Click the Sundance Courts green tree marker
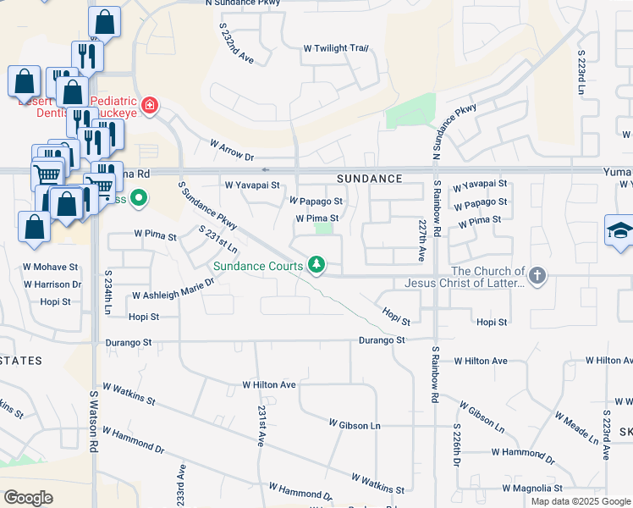[317, 265]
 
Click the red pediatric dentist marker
[150, 105]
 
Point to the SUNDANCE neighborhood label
[369, 179]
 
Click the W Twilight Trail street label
[336, 48]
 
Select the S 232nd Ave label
[236, 44]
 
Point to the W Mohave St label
[50, 267]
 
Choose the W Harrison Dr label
[52, 284]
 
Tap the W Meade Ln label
[575, 428]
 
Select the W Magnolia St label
[532, 489]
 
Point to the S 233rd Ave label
[181, 485]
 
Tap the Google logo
[28, 498]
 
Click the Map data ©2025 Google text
[580, 501]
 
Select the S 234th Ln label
[108, 291]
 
